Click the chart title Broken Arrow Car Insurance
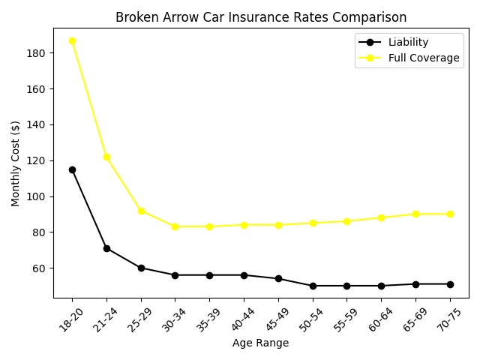(x=261, y=17)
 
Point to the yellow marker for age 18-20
(x=72, y=40)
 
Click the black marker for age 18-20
(x=72, y=169)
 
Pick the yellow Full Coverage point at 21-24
(x=106, y=157)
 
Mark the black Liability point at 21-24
(x=106, y=248)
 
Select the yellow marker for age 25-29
(x=141, y=211)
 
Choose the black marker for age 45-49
(x=278, y=278)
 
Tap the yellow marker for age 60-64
(x=381, y=217)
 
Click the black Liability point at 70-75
(x=450, y=284)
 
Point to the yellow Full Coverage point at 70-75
(x=450, y=214)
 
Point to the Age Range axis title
(x=261, y=343)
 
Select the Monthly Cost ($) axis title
(x=16, y=163)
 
